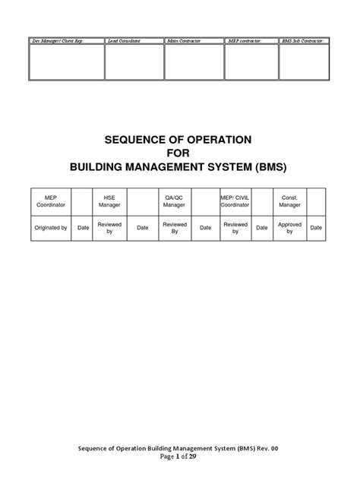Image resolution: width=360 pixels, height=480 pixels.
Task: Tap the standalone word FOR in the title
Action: [x=180, y=154]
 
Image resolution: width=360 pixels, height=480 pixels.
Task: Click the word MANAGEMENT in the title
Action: [x=172, y=168]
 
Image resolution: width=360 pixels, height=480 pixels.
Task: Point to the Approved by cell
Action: [x=290, y=227]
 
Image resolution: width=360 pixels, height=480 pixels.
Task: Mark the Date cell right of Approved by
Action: [x=316, y=227]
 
